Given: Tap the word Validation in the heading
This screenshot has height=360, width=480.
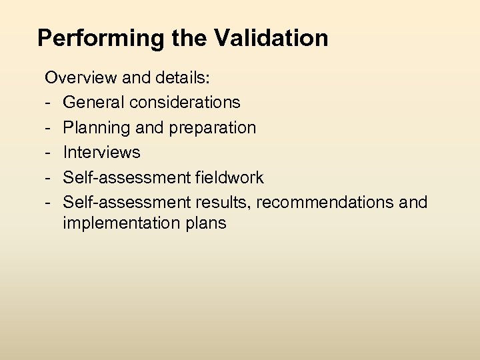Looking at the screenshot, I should tap(271, 38).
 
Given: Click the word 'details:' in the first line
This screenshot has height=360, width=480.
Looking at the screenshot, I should tap(184, 78).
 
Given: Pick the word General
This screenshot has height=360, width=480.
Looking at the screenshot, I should tap(93, 103).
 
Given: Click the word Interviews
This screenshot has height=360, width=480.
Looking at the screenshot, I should tap(101, 152).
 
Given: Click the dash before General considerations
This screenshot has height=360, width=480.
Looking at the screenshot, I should tap(49, 103).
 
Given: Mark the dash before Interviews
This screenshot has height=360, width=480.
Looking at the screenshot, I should tap(49, 152).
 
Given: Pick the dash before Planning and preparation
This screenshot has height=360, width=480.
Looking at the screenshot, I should tap(49, 127).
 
